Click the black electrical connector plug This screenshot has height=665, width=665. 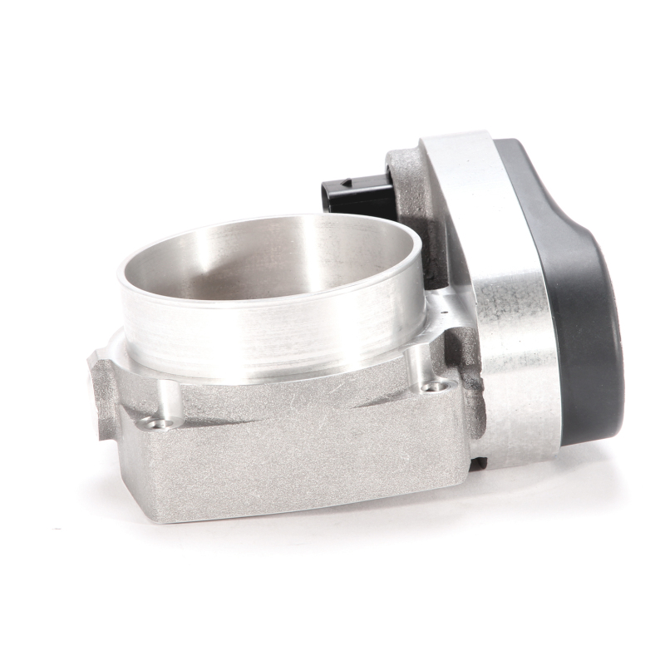(x=354, y=192)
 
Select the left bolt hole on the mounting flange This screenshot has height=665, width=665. (x=155, y=423)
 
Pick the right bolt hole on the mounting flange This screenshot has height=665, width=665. (x=430, y=386)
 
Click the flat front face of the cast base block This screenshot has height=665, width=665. (x=291, y=465)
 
